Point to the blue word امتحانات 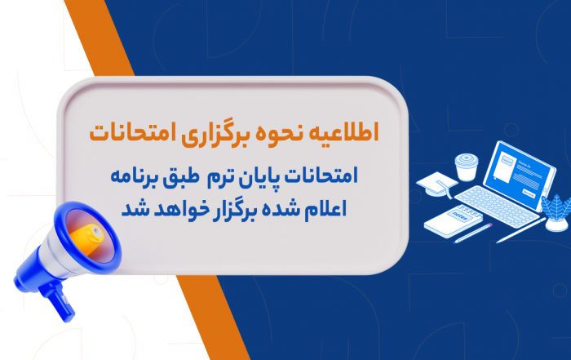[321, 176]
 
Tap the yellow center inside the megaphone [87, 236]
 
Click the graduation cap [437, 184]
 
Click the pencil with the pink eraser [473, 233]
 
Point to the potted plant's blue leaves [556, 207]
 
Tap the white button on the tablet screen [529, 193]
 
